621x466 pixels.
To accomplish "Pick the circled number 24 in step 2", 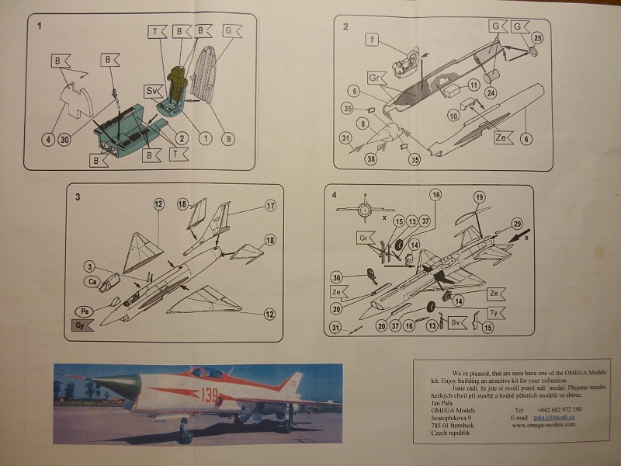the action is (x=491, y=92).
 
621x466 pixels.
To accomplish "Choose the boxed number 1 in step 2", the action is (x=372, y=39).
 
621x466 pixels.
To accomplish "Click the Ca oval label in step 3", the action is (x=93, y=280).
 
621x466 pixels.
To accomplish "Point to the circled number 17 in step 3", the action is (x=271, y=206).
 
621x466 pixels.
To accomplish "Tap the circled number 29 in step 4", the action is (x=517, y=224).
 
